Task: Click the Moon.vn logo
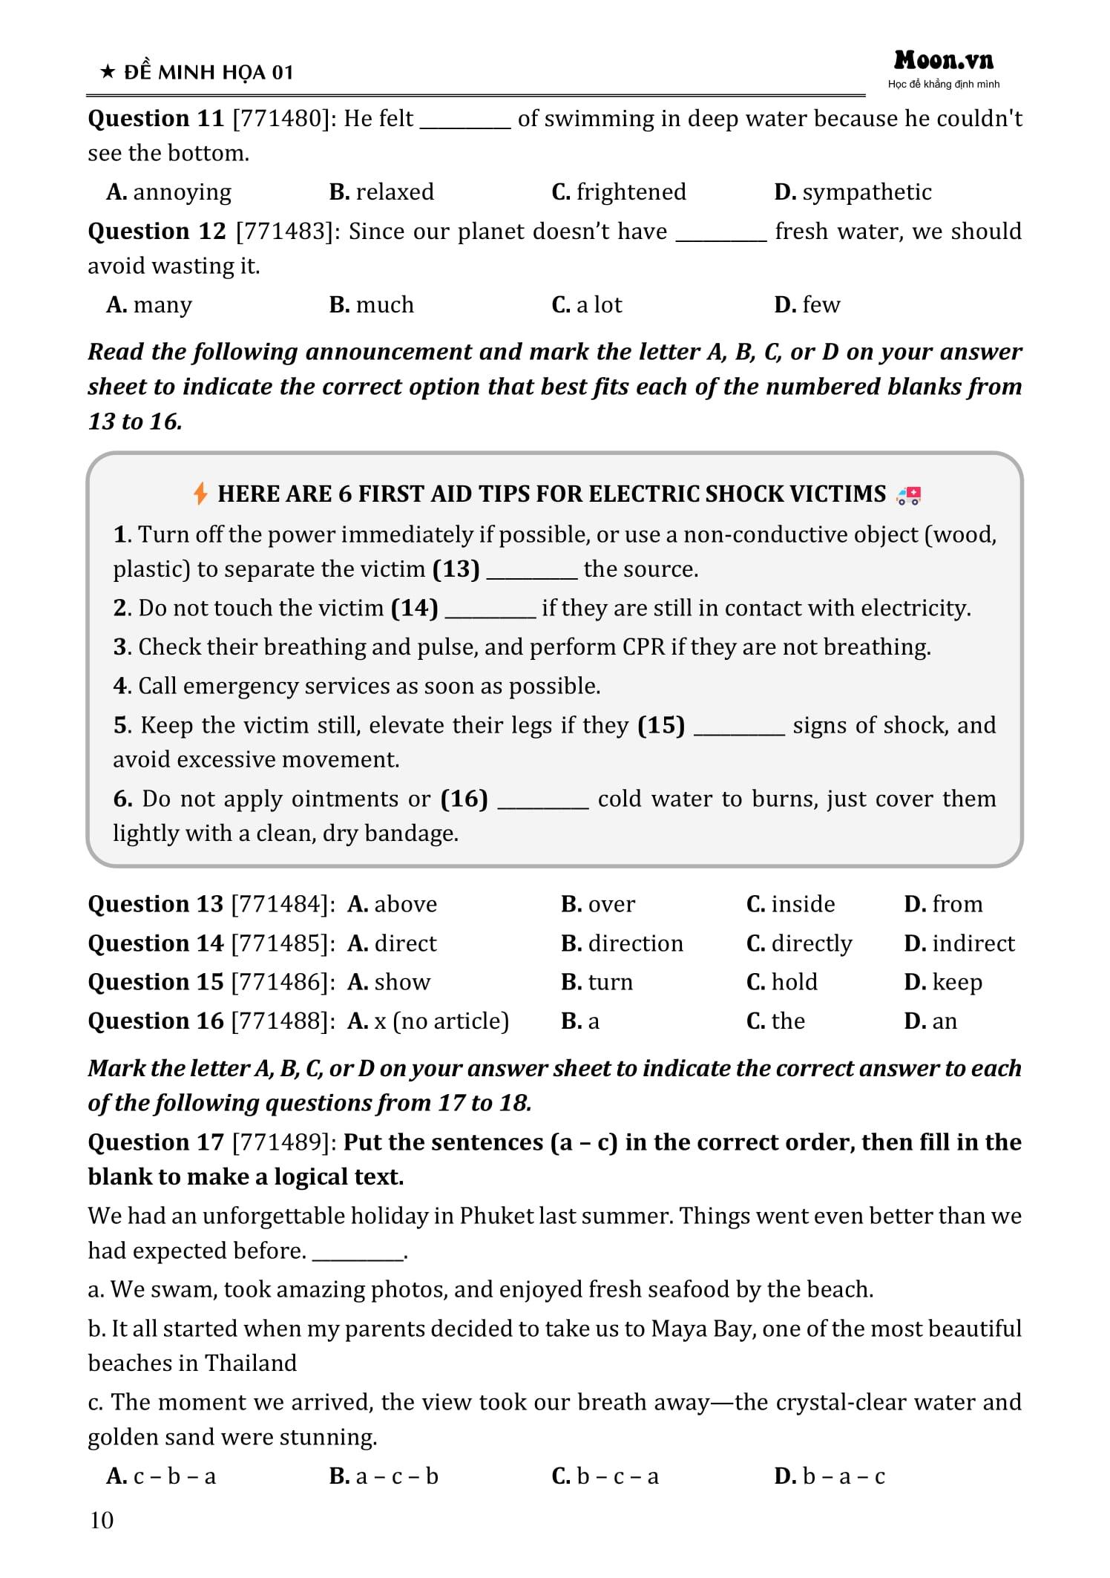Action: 943,61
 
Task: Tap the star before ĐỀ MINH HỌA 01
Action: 108,72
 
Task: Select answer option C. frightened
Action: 619,192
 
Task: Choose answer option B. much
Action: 371,305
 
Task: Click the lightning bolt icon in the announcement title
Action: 200,494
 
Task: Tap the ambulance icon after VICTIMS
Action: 909,495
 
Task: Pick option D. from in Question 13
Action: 943,904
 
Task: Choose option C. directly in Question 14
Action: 799,943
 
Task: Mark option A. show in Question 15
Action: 389,982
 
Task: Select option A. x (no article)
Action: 428,1021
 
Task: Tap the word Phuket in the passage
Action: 496,1216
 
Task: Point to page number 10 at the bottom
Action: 102,1521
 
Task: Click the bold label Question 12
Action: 157,232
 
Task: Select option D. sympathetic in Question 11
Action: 853,192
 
